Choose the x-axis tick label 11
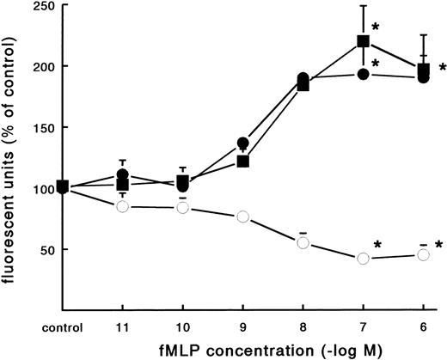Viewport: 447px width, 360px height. pos(122,326)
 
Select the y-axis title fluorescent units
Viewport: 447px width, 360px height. pos(10,159)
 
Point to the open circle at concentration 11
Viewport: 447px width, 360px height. pos(122,207)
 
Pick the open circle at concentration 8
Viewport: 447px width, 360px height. pos(303,243)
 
